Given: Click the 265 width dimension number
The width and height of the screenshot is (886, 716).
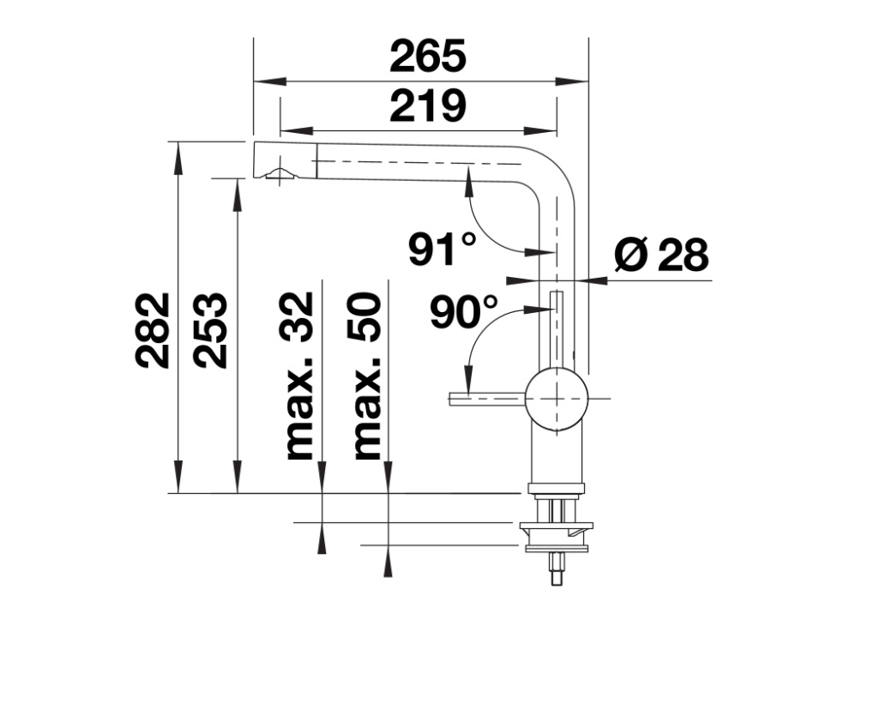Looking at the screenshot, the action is (428, 56).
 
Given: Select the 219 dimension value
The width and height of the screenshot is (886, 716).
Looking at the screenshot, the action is (428, 105).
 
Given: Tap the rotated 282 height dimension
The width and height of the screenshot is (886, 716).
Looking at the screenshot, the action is (153, 331).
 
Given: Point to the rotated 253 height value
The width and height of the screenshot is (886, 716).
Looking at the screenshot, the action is (210, 331).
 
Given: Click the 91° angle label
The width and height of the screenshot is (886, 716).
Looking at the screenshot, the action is (443, 248).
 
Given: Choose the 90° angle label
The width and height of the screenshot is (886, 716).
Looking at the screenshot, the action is (464, 311).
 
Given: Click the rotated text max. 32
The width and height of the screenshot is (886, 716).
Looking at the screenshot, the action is (299, 376).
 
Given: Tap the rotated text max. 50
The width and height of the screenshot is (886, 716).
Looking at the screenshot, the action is (366, 376).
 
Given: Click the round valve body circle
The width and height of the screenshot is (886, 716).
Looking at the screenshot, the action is (557, 399).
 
